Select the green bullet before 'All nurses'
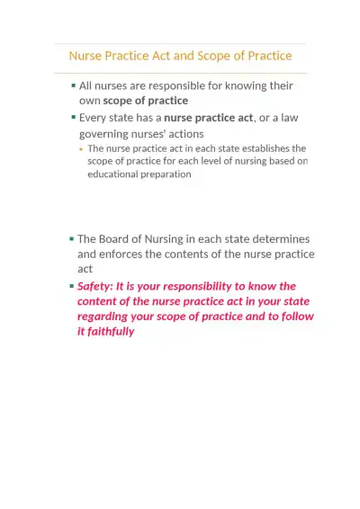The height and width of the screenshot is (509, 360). (73, 85)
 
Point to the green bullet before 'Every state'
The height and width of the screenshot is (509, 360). (73, 117)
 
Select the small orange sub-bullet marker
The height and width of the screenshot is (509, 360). (81, 148)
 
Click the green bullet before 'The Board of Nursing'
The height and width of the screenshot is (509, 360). (71, 239)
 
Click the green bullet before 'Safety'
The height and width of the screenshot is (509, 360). (71, 286)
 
